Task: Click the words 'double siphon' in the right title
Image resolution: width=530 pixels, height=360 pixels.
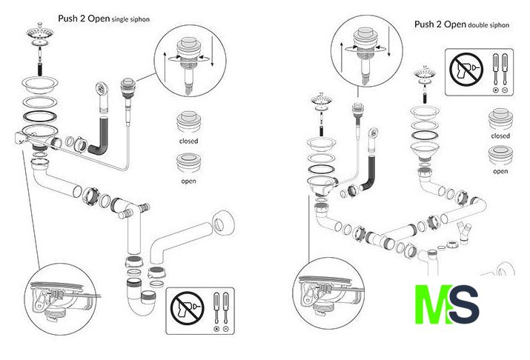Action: tap(489, 25)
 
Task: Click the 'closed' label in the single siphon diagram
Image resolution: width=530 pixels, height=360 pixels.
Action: tap(188, 141)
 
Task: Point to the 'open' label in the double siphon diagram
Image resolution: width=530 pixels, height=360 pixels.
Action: tap(500, 172)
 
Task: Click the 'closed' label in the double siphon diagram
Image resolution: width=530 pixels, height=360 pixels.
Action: tap(500, 136)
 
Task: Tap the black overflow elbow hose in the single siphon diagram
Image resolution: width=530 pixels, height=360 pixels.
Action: tap(100, 141)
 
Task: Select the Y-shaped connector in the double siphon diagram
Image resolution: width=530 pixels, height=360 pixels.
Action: tap(466, 230)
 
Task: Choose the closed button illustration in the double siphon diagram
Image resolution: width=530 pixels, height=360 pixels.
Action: tap(500, 119)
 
